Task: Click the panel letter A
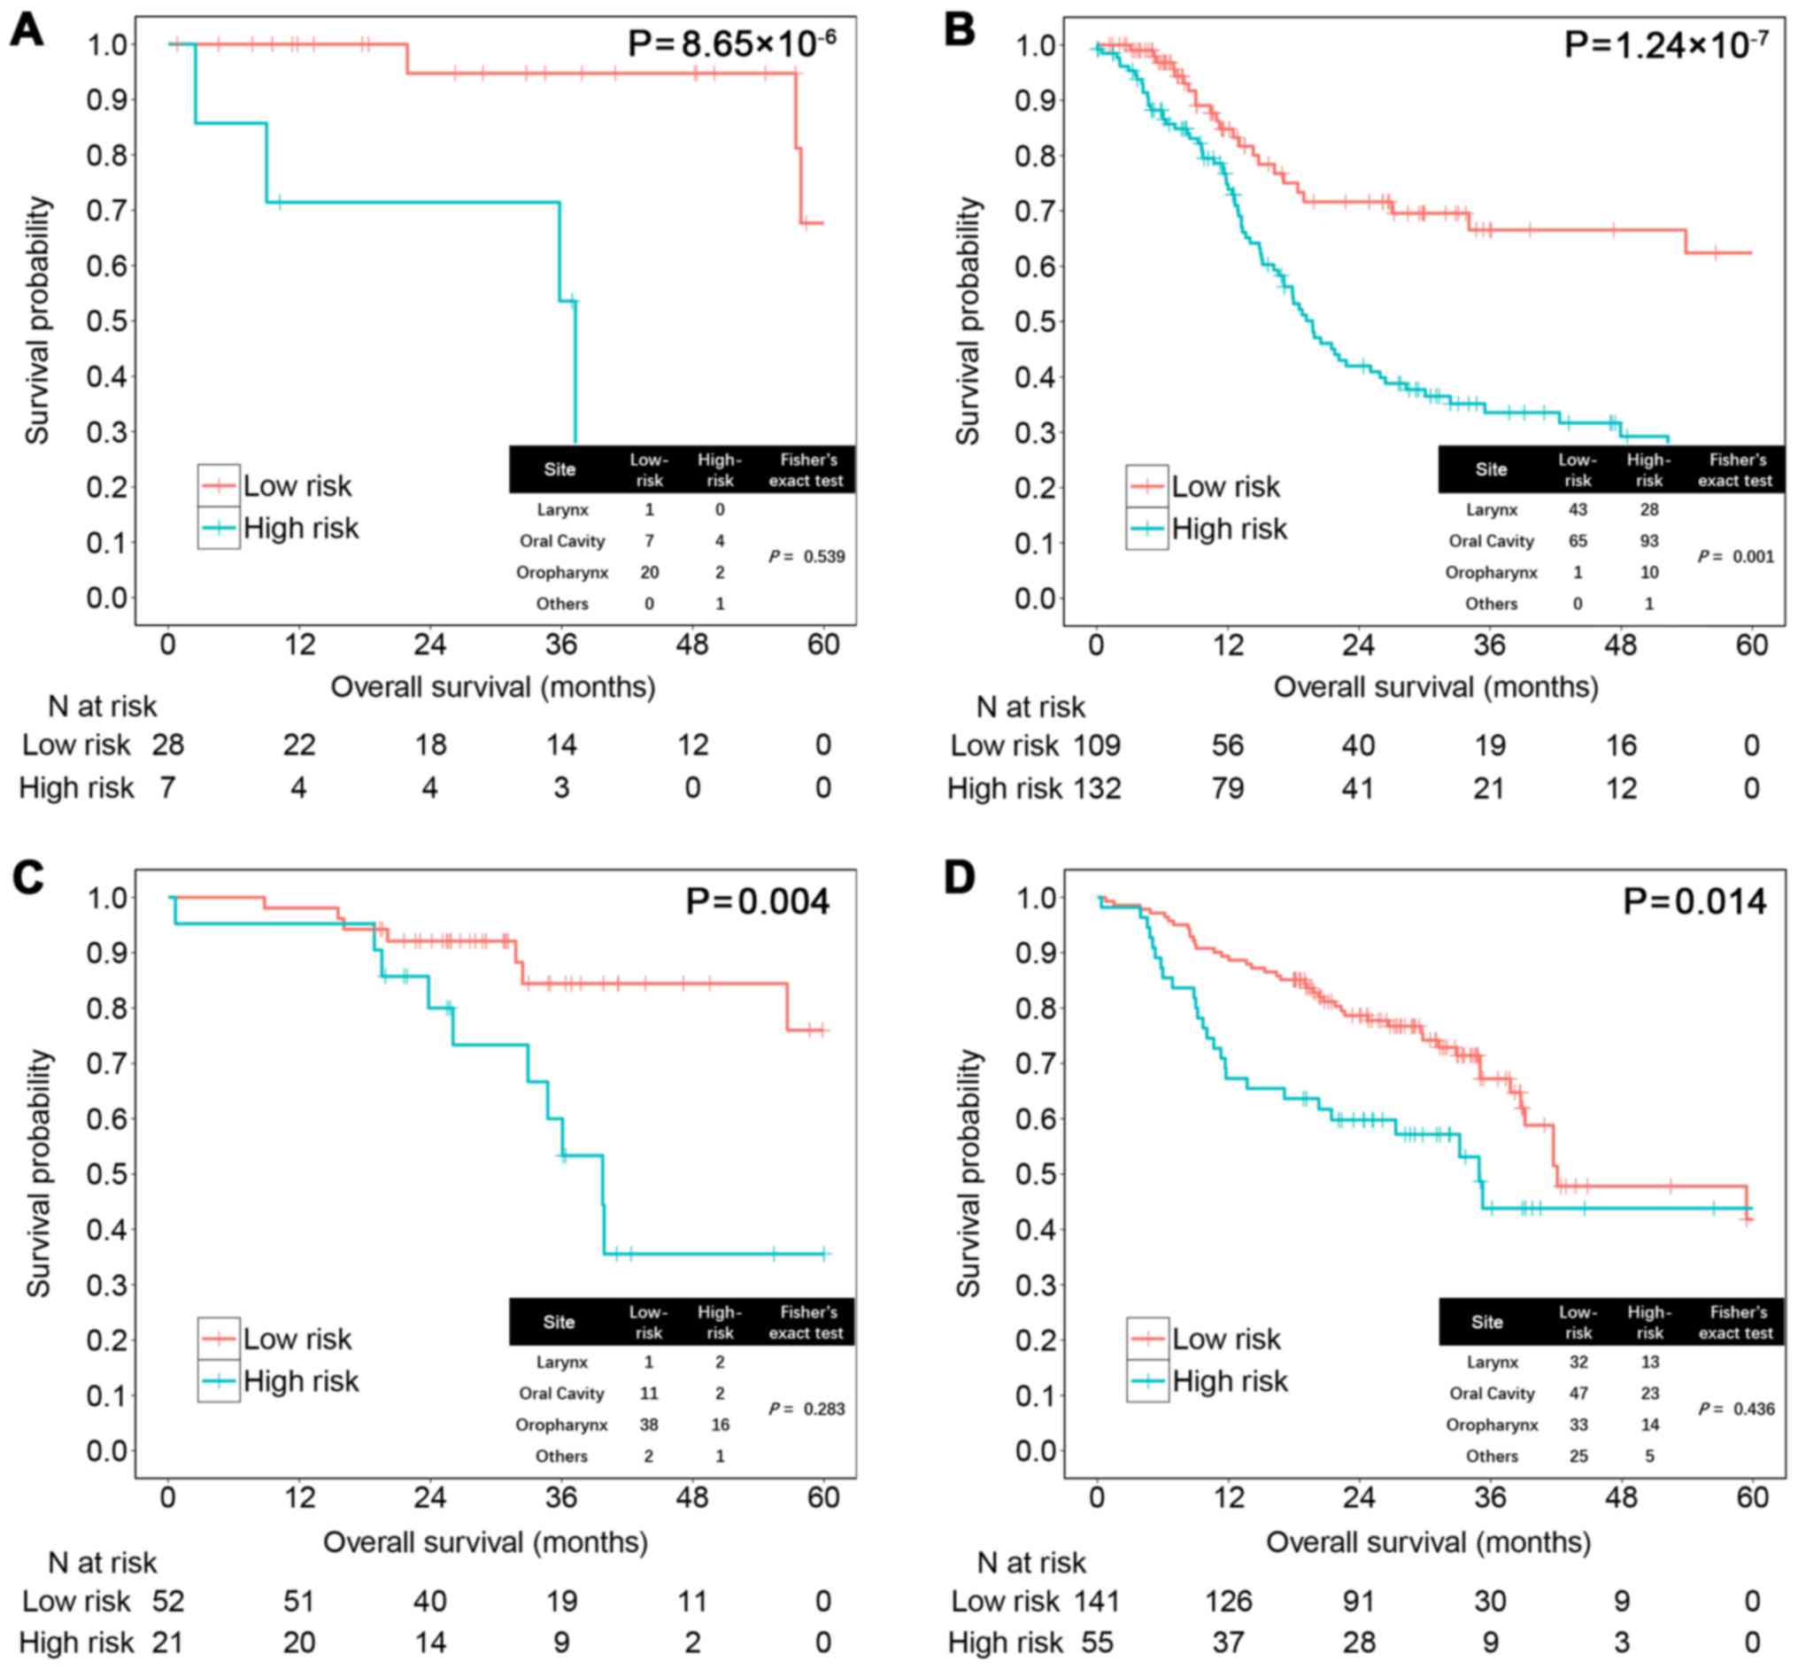pyautogui.click(x=27, y=31)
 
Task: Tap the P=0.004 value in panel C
pyautogui.click(x=757, y=901)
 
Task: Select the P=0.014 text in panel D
pyautogui.click(x=1694, y=901)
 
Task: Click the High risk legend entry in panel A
pyautogui.click(x=300, y=529)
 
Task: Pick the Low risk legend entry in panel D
pyautogui.click(x=1225, y=1339)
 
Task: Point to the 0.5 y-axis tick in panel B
pyautogui.click(x=1035, y=321)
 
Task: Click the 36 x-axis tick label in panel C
pyautogui.click(x=560, y=1498)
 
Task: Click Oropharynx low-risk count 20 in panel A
pyautogui.click(x=648, y=573)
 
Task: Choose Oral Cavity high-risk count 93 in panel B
pyautogui.click(x=1649, y=541)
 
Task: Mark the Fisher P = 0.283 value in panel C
pyautogui.click(x=806, y=1409)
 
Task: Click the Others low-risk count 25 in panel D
pyautogui.click(x=1578, y=1456)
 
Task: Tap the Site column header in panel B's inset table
pyautogui.click(x=1491, y=469)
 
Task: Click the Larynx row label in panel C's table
pyautogui.click(x=561, y=1362)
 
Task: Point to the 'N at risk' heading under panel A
pyautogui.click(x=102, y=707)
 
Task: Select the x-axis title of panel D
pyautogui.click(x=1428, y=1542)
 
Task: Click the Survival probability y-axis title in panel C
pyautogui.click(x=38, y=1173)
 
